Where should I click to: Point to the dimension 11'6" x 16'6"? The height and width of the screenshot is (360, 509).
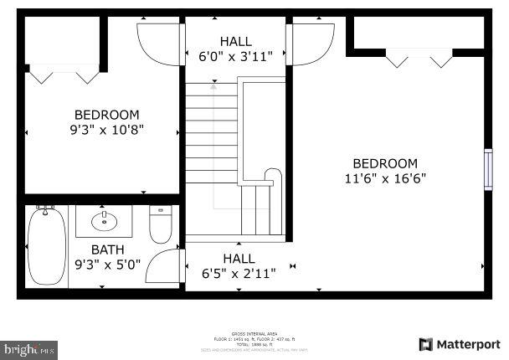384,177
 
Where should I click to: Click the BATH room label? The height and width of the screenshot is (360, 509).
108,249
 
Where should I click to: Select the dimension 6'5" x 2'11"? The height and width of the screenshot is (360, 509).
239,272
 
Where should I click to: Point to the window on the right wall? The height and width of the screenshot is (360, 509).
488,169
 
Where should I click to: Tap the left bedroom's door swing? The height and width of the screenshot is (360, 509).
157,42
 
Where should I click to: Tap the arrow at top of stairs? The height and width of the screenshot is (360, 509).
213,85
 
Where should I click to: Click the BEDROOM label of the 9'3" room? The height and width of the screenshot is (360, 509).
107,115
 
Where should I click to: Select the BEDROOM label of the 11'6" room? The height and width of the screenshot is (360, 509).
384,163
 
